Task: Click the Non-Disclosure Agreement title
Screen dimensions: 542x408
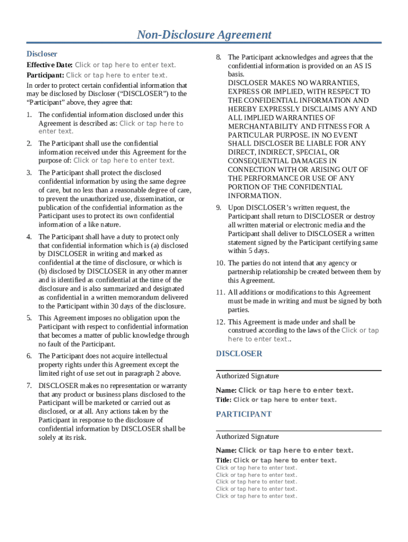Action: (x=204, y=35)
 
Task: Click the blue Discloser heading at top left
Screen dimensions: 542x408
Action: (x=42, y=54)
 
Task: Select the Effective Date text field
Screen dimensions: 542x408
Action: (x=125, y=65)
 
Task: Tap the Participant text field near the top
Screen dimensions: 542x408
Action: (x=117, y=75)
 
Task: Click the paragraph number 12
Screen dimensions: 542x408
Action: (x=220, y=322)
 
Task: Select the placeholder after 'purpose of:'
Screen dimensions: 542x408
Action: (x=124, y=160)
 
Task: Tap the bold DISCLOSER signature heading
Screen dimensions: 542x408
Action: (x=239, y=354)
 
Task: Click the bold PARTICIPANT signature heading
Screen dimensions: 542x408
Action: (x=244, y=414)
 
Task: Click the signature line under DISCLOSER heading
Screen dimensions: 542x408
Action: (x=298, y=371)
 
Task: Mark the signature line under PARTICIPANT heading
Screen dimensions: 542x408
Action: (x=298, y=431)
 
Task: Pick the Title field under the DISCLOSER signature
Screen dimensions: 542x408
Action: (x=285, y=400)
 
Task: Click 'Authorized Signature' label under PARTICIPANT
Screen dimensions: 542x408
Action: (x=247, y=437)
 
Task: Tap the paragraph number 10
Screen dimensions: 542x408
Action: (x=220, y=263)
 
